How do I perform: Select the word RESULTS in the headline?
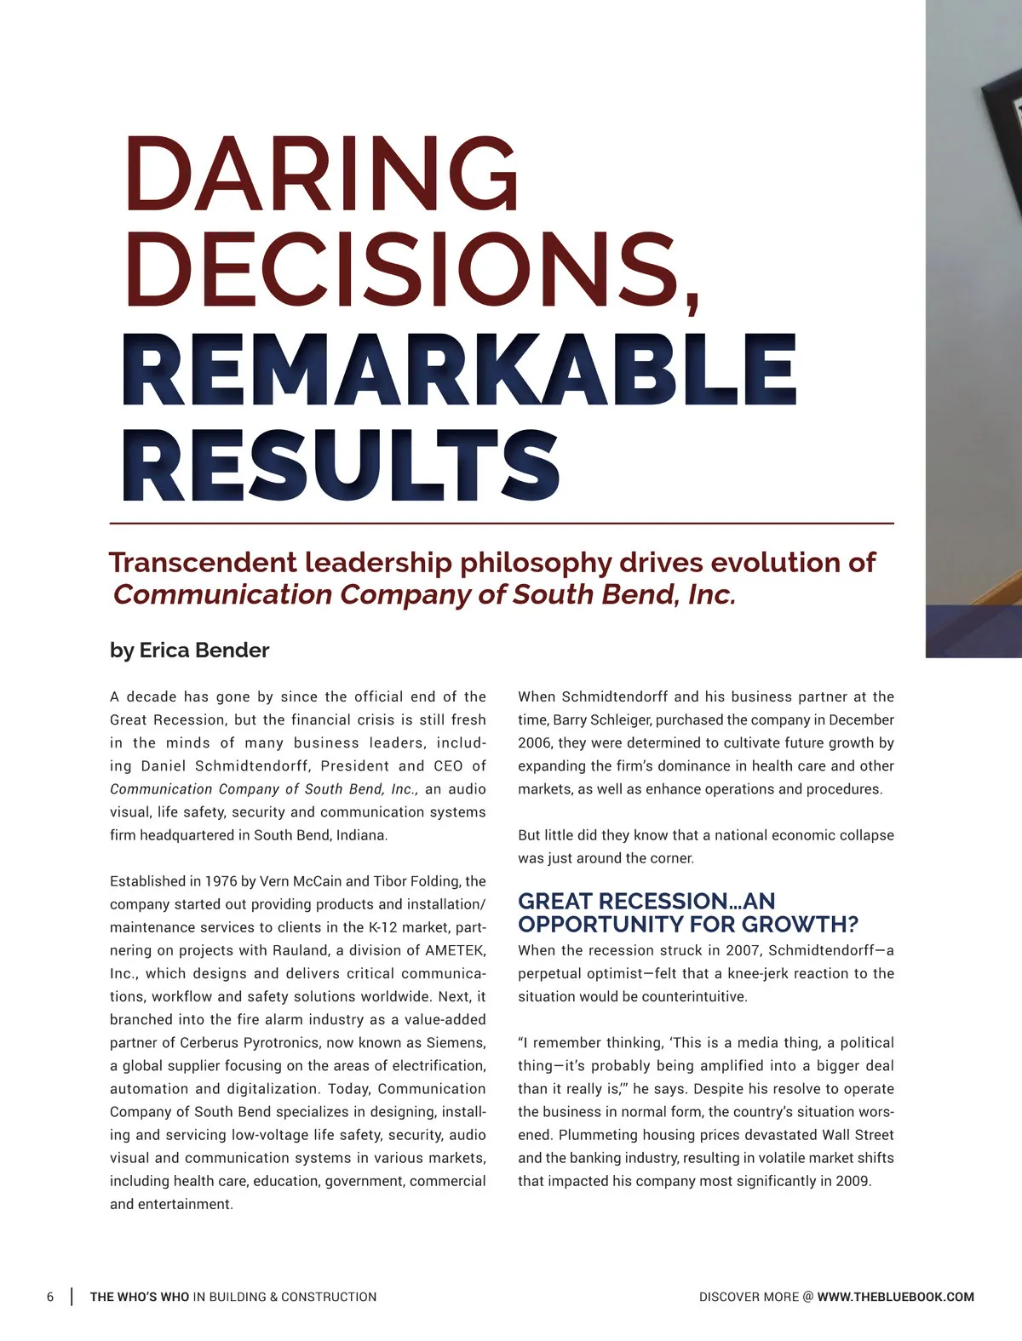[341, 467]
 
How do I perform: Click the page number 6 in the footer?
[50, 1297]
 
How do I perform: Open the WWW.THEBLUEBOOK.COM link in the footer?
[895, 1297]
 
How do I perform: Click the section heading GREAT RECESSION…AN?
[646, 901]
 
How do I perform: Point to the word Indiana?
[362, 835]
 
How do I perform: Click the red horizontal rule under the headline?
[502, 523]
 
